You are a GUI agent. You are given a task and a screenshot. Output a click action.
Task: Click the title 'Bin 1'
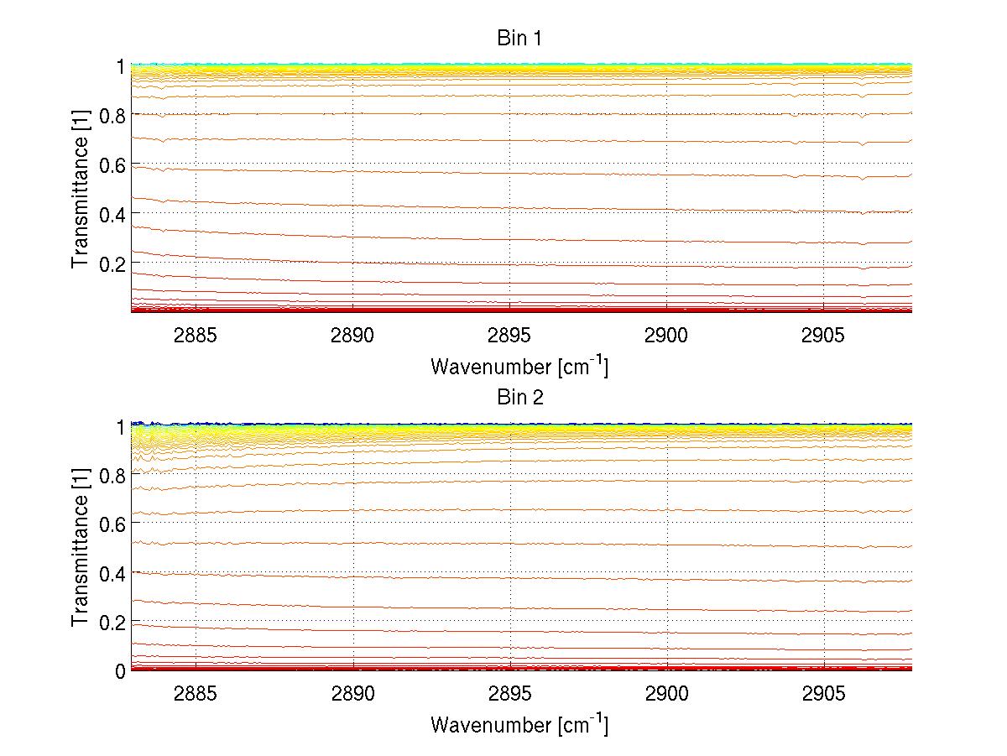tap(520, 39)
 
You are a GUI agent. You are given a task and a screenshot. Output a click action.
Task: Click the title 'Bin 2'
tap(520, 398)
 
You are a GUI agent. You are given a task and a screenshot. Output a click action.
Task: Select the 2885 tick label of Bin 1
tap(196, 336)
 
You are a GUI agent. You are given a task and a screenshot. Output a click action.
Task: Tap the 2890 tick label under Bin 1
tap(352, 336)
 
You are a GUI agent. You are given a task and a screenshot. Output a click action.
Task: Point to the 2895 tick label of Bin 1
tap(509, 336)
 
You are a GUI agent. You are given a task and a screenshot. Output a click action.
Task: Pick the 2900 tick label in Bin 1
tap(666, 336)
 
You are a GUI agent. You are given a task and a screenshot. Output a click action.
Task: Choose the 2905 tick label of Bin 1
tap(823, 336)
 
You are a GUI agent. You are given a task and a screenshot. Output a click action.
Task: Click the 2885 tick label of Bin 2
tap(196, 694)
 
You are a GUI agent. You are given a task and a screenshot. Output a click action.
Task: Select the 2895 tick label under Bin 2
tap(509, 694)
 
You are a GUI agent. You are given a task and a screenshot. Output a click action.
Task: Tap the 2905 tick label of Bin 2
tap(823, 694)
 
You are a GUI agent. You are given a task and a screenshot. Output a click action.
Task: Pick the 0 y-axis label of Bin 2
tap(120, 670)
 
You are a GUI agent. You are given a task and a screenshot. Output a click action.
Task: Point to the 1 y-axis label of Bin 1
tap(120, 66)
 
